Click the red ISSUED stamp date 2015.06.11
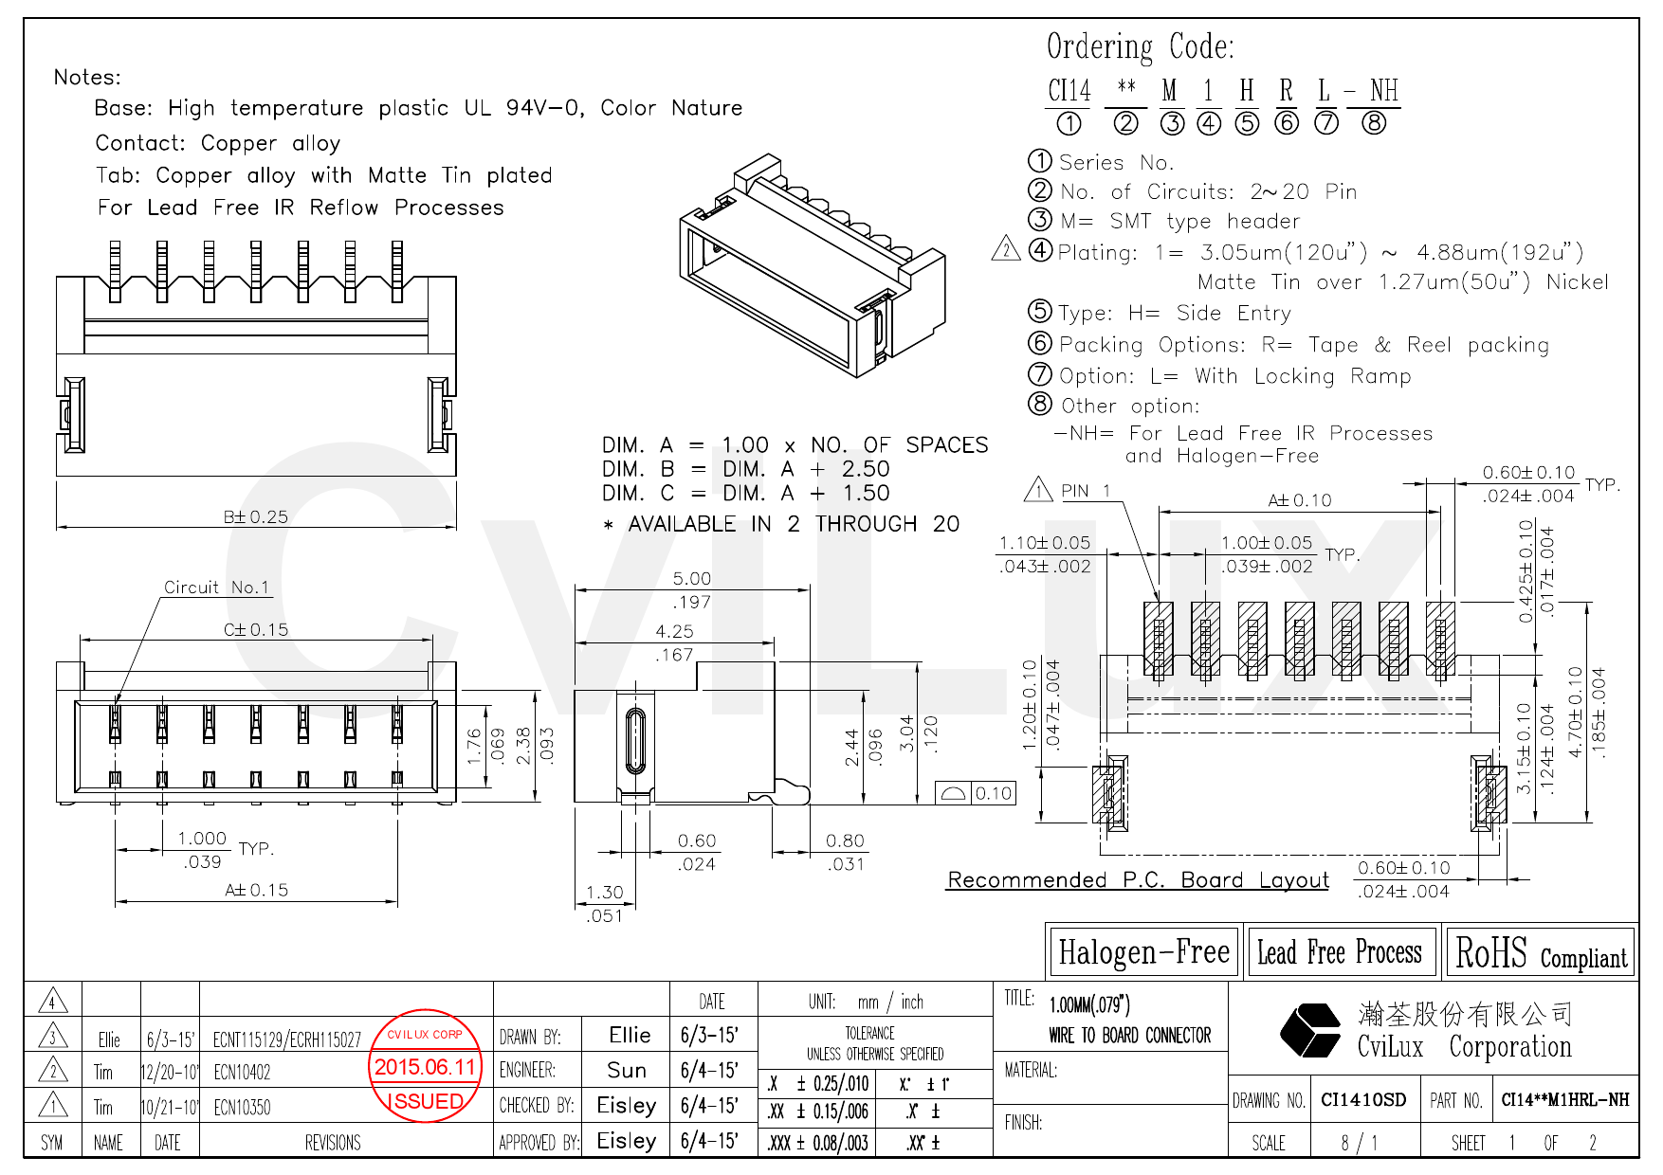[x=425, y=1067]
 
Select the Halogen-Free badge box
[x=1143, y=952]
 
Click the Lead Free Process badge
[x=1339, y=952]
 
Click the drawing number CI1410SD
[x=1363, y=1100]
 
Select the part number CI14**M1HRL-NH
[x=1564, y=1100]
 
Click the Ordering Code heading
[x=1140, y=46]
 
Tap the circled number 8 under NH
[x=1374, y=123]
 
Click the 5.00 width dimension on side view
[x=691, y=578]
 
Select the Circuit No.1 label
[x=216, y=587]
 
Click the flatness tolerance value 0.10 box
[x=993, y=793]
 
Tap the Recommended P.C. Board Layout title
[x=1138, y=880]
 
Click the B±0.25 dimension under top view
[x=255, y=516]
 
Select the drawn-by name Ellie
[x=630, y=1035]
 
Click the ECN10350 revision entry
[x=242, y=1107]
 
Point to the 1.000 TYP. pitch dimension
[x=203, y=839]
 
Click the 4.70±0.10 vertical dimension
[x=1575, y=711]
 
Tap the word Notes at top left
[x=87, y=78]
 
